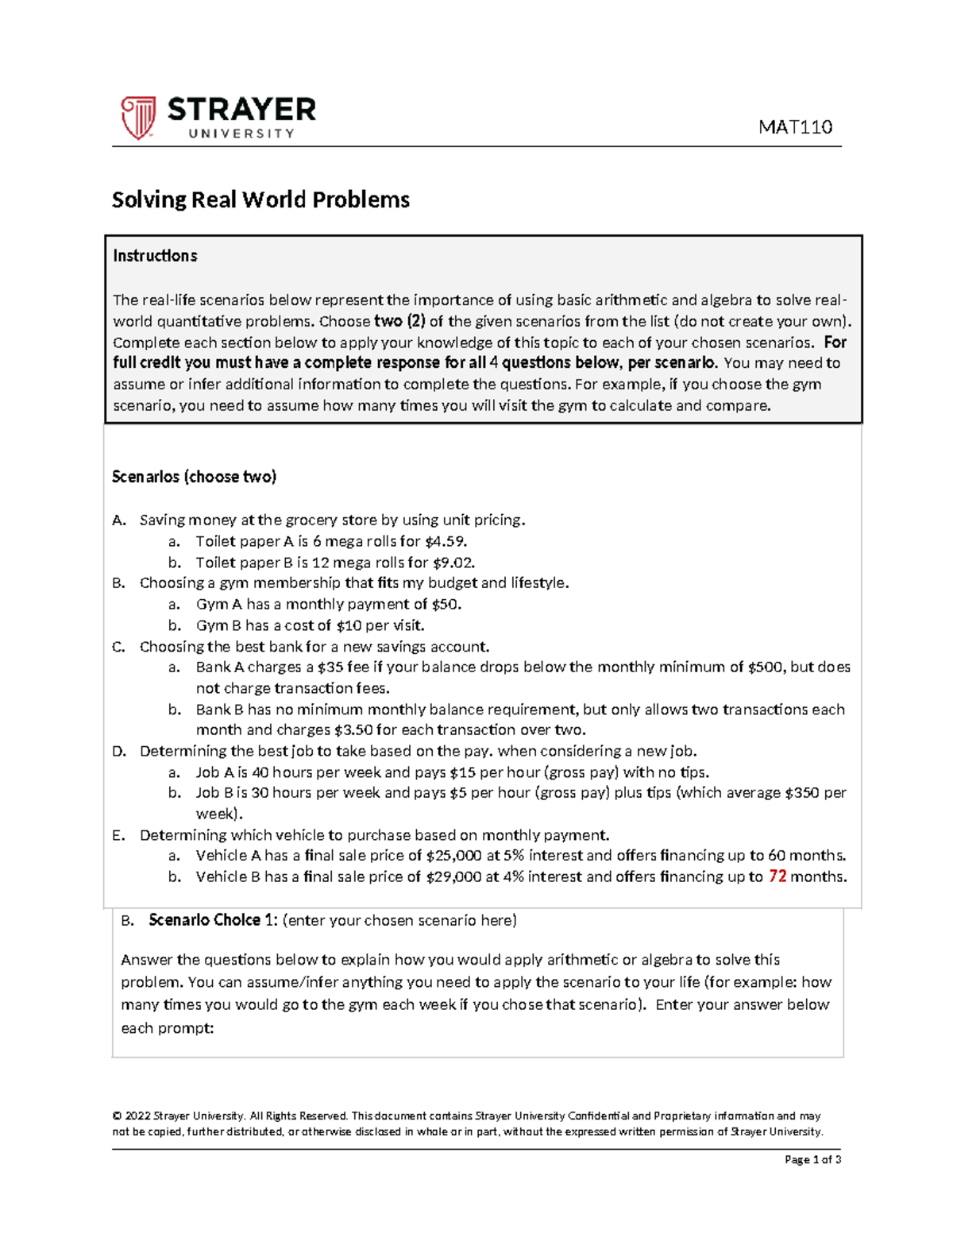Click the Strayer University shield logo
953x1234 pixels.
point(137,118)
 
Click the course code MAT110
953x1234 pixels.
point(795,127)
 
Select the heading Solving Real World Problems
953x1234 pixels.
point(260,199)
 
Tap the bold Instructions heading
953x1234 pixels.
point(155,256)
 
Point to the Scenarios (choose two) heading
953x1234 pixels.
point(194,477)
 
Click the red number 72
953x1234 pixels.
point(777,876)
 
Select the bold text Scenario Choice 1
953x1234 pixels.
point(213,920)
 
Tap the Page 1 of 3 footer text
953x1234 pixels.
point(812,1159)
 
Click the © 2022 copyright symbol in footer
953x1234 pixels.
point(116,1116)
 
